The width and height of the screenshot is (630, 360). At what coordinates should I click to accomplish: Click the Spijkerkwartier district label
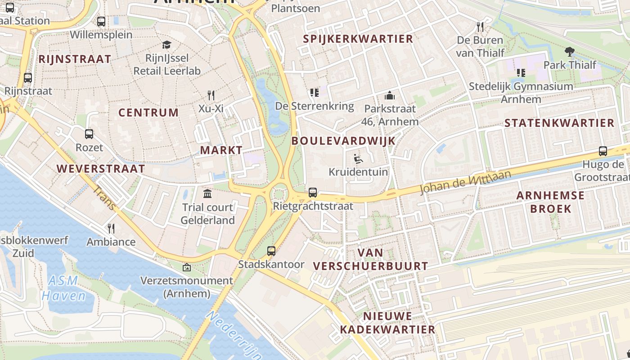click(x=358, y=39)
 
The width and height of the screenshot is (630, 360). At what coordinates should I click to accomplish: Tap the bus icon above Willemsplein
click(x=101, y=21)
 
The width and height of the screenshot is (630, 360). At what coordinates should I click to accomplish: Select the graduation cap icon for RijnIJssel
click(x=167, y=45)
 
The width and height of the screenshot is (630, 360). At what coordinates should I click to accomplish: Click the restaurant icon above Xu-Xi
click(x=211, y=95)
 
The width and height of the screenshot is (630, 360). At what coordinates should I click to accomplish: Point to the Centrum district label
click(x=148, y=112)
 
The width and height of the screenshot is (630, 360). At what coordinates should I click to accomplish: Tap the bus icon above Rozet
click(x=89, y=134)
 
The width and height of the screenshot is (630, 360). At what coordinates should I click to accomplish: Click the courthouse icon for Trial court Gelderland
click(x=207, y=194)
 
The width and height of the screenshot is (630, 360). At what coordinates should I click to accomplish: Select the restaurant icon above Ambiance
click(x=111, y=229)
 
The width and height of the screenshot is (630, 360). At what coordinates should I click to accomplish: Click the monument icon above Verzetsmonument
click(x=187, y=267)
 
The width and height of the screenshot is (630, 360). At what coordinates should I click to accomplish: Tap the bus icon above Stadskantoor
click(x=271, y=251)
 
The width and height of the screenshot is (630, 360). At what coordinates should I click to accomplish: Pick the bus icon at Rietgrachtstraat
click(x=313, y=193)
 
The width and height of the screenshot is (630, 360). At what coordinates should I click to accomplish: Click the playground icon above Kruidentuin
click(x=358, y=158)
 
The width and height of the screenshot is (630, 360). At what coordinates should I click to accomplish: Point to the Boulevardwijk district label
click(x=343, y=141)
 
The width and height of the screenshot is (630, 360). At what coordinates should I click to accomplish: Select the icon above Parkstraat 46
click(x=390, y=95)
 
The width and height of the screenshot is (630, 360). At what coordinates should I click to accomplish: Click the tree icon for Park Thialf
click(x=569, y=51)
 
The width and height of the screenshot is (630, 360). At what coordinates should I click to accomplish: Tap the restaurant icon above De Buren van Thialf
click(x=480, y=27)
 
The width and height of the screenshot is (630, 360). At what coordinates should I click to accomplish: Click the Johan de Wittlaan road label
click(x=466, y=182)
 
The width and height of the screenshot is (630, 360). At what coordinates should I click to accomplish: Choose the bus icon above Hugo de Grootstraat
click(x=603, y=151)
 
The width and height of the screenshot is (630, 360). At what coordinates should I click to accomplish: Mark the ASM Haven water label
click(x=63, y=288)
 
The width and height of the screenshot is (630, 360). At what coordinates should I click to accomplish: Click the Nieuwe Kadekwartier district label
click(x=387, y=323)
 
